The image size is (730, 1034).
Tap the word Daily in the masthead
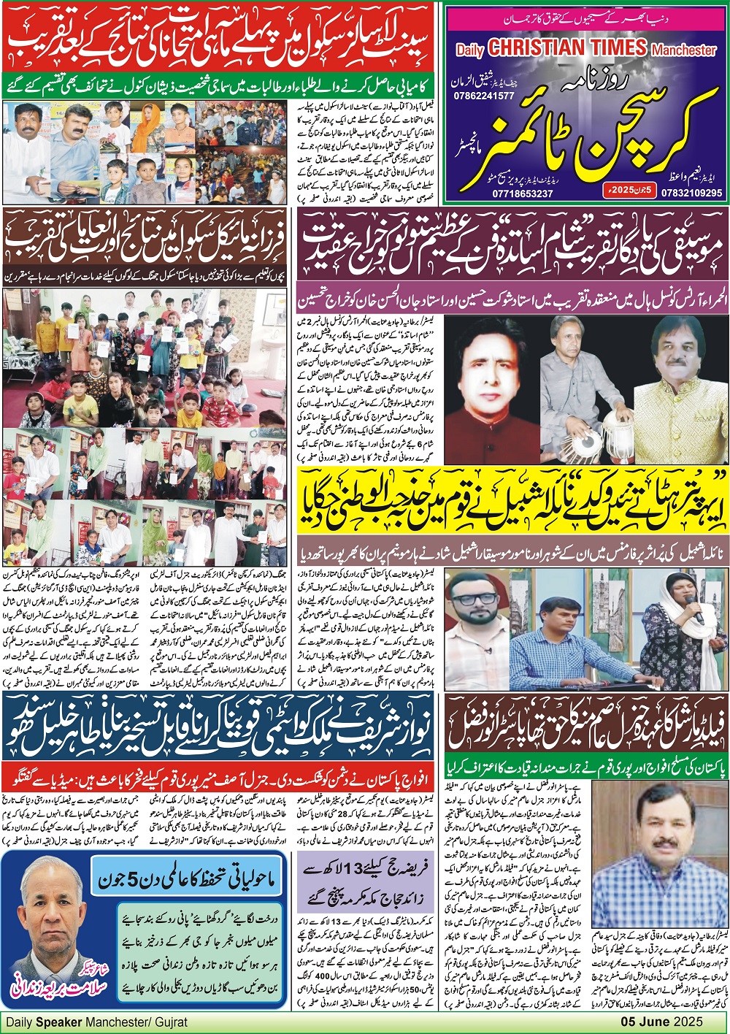point(470,50)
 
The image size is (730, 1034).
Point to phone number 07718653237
point(523,193)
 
